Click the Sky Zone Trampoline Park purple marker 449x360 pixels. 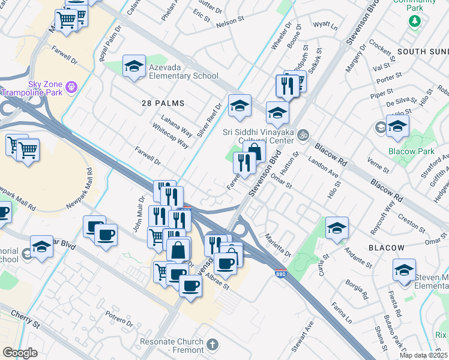point(71,86)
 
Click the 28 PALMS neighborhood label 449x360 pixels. point(163,103)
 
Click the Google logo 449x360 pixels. point(20,353)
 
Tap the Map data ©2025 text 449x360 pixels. point(423,355)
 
